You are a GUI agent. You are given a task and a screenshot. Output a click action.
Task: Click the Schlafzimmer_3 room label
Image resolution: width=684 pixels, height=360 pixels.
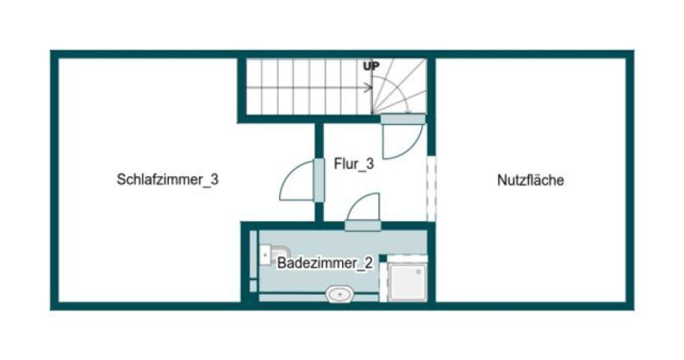167,179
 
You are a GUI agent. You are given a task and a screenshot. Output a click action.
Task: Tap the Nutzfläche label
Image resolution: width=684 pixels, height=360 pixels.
530,180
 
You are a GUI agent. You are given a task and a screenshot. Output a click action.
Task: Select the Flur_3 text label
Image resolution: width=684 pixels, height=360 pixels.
354,164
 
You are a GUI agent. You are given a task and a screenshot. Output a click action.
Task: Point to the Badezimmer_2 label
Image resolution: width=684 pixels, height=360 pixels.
325,263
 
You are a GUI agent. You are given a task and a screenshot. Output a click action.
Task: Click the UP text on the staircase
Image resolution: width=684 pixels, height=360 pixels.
371,66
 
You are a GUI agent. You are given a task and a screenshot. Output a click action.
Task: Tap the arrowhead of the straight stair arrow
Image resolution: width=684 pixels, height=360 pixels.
368,88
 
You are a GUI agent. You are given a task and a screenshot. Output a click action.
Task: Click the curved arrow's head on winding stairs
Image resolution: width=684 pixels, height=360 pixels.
408,110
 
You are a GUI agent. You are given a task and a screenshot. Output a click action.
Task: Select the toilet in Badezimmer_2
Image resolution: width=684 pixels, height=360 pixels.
274,254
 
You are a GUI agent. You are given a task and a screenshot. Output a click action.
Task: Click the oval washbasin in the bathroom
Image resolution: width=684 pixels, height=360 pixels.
340,295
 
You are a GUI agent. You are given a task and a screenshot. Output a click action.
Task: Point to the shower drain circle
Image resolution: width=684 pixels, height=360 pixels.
418,271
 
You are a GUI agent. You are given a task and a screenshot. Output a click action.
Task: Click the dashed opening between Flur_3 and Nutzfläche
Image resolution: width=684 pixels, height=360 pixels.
431,188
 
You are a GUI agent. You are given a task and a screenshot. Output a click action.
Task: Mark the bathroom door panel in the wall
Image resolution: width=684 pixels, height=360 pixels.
362,226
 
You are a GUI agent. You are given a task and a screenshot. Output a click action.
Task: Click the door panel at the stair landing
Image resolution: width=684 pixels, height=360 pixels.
403,119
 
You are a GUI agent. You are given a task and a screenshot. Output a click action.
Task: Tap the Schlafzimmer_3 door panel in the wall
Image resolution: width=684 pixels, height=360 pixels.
319,180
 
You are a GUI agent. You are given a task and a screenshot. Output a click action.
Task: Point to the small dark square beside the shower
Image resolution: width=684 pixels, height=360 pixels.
383,259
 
